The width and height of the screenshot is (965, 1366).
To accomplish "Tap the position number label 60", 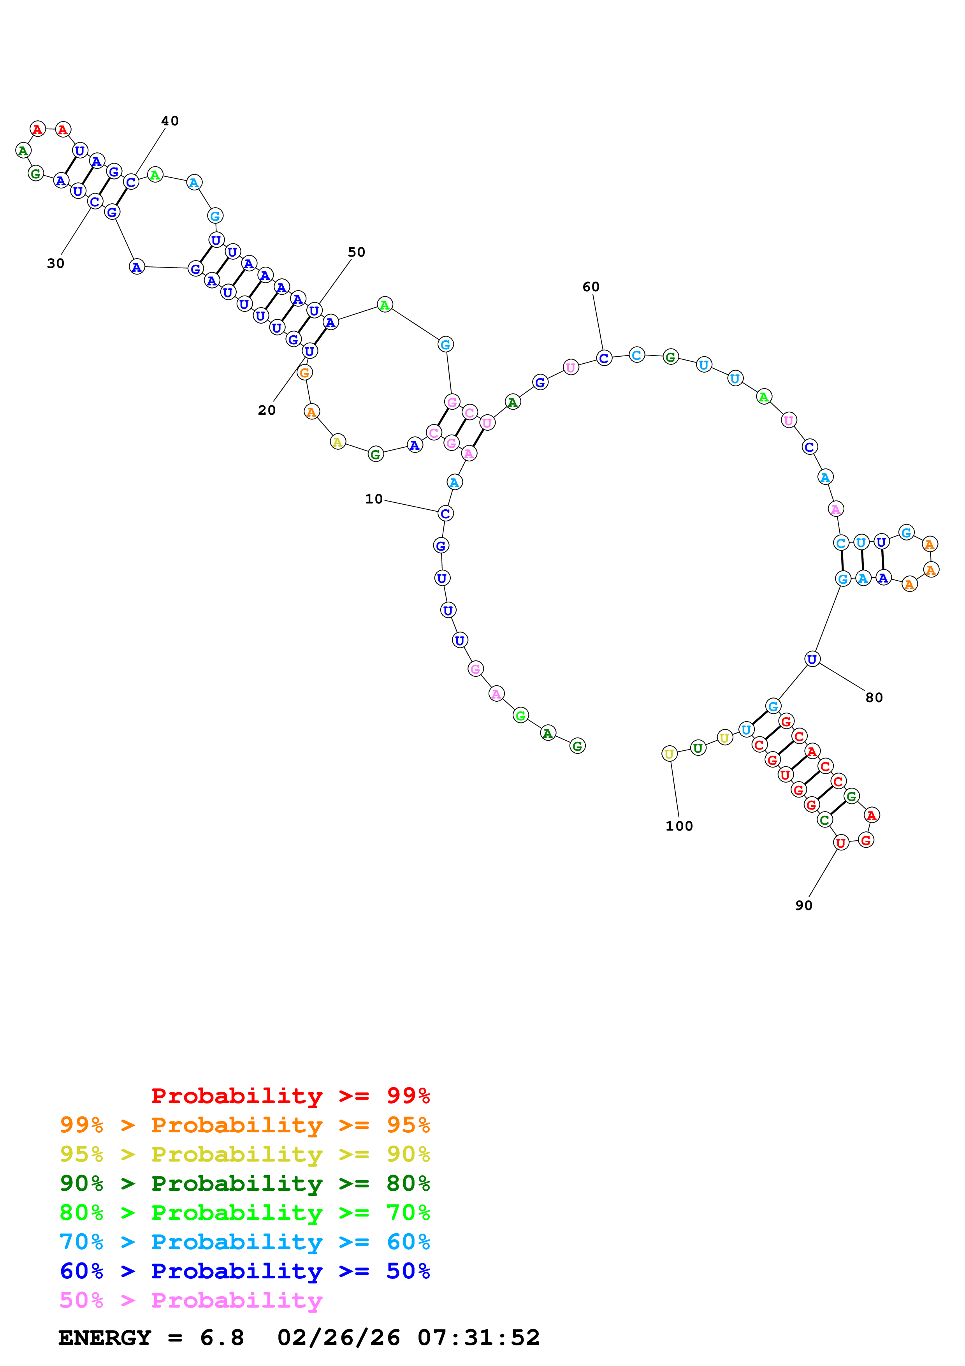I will [x=591, y=287].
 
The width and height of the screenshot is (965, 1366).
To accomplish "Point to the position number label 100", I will [x=679, y=826].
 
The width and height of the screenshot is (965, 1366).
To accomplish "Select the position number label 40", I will [x=170, y=121].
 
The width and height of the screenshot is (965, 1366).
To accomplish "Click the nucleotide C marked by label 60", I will [x=604, y=358].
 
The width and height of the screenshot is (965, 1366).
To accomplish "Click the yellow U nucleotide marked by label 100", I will [x=670, y=754].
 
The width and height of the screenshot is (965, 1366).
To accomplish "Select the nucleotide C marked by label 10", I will [x=445, y=514].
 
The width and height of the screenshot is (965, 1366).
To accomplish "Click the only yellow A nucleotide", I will [x=338, y=442].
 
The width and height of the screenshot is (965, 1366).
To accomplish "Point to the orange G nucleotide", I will [x=304, y=372].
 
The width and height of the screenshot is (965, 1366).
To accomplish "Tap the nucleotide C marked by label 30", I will [x=95, y=202].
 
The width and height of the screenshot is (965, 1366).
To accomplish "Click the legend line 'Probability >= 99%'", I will [x=291, y=1095].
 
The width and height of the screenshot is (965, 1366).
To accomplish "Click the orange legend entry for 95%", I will [x=245, y=1125].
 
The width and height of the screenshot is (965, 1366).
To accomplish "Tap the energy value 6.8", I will [x=222, y=1338].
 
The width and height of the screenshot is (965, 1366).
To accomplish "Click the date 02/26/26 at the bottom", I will [x=339, y=1338].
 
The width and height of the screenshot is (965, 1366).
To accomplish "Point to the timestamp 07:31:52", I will [x=479, y=1338].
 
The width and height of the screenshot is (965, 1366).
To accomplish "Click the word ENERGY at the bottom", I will [x=105, y=1338].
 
